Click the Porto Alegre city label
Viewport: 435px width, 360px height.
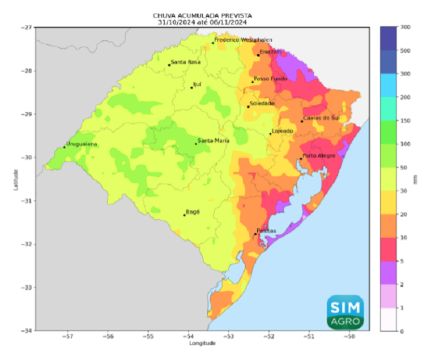pyautogui.click(x=319, y=155)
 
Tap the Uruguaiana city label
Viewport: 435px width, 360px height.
pyautogui.click(x=82, y=144)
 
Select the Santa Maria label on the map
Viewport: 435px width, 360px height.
pyautogui.click(x=214, y=141)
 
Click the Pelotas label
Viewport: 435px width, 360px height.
pyautogui.click(x=266, y=231)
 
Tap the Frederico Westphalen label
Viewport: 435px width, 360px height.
pyautogui.click(x=243, y=40)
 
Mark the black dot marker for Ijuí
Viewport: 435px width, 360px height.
pyautogui.click(x=191, y=88)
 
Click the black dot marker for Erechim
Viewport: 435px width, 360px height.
pyautogui.click(x=258, y=55)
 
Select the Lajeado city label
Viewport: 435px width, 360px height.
pyautogui.click(x=283, y=131)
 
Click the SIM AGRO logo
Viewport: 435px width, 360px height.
pyautogui.click(x=345, y=312)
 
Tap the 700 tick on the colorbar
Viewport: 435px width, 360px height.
pyautogui.click(x=404, y=27)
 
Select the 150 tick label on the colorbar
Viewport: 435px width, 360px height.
pyautogui.click(x=404, y=121)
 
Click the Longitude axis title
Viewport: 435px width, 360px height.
pyautogui.click(x=202, y=343)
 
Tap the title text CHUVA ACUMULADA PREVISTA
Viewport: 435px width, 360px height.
pyautogui.click(x=202, y=16)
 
